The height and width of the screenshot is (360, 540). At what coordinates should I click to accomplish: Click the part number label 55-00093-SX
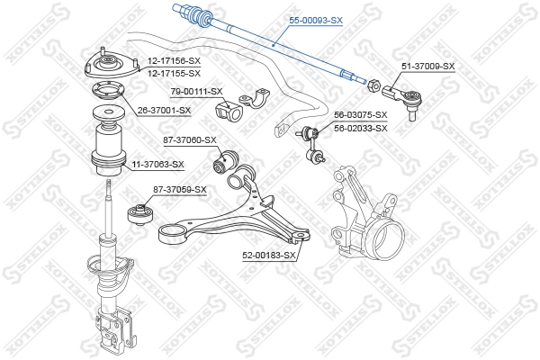tap(315, 18)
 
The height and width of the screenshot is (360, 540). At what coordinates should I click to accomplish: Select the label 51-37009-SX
tap(428, 67)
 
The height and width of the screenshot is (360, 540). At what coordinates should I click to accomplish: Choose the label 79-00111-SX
tap(196, 91)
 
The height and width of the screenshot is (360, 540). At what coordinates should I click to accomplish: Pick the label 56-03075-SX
tap(361, 115)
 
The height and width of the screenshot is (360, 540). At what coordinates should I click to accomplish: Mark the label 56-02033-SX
tap(361, 128)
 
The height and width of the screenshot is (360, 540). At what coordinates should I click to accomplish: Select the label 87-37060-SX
tap(190, 139)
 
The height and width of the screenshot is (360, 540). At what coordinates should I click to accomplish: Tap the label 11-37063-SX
tap(157, 165)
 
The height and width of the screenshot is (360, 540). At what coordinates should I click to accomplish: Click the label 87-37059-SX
tap(180, 189)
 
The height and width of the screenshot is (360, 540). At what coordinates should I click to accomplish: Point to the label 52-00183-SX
tap(270, 256)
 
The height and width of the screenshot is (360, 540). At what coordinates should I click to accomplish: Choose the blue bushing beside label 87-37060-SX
tap(220, 164)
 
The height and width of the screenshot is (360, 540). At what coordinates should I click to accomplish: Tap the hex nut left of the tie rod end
tap(371, 85)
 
